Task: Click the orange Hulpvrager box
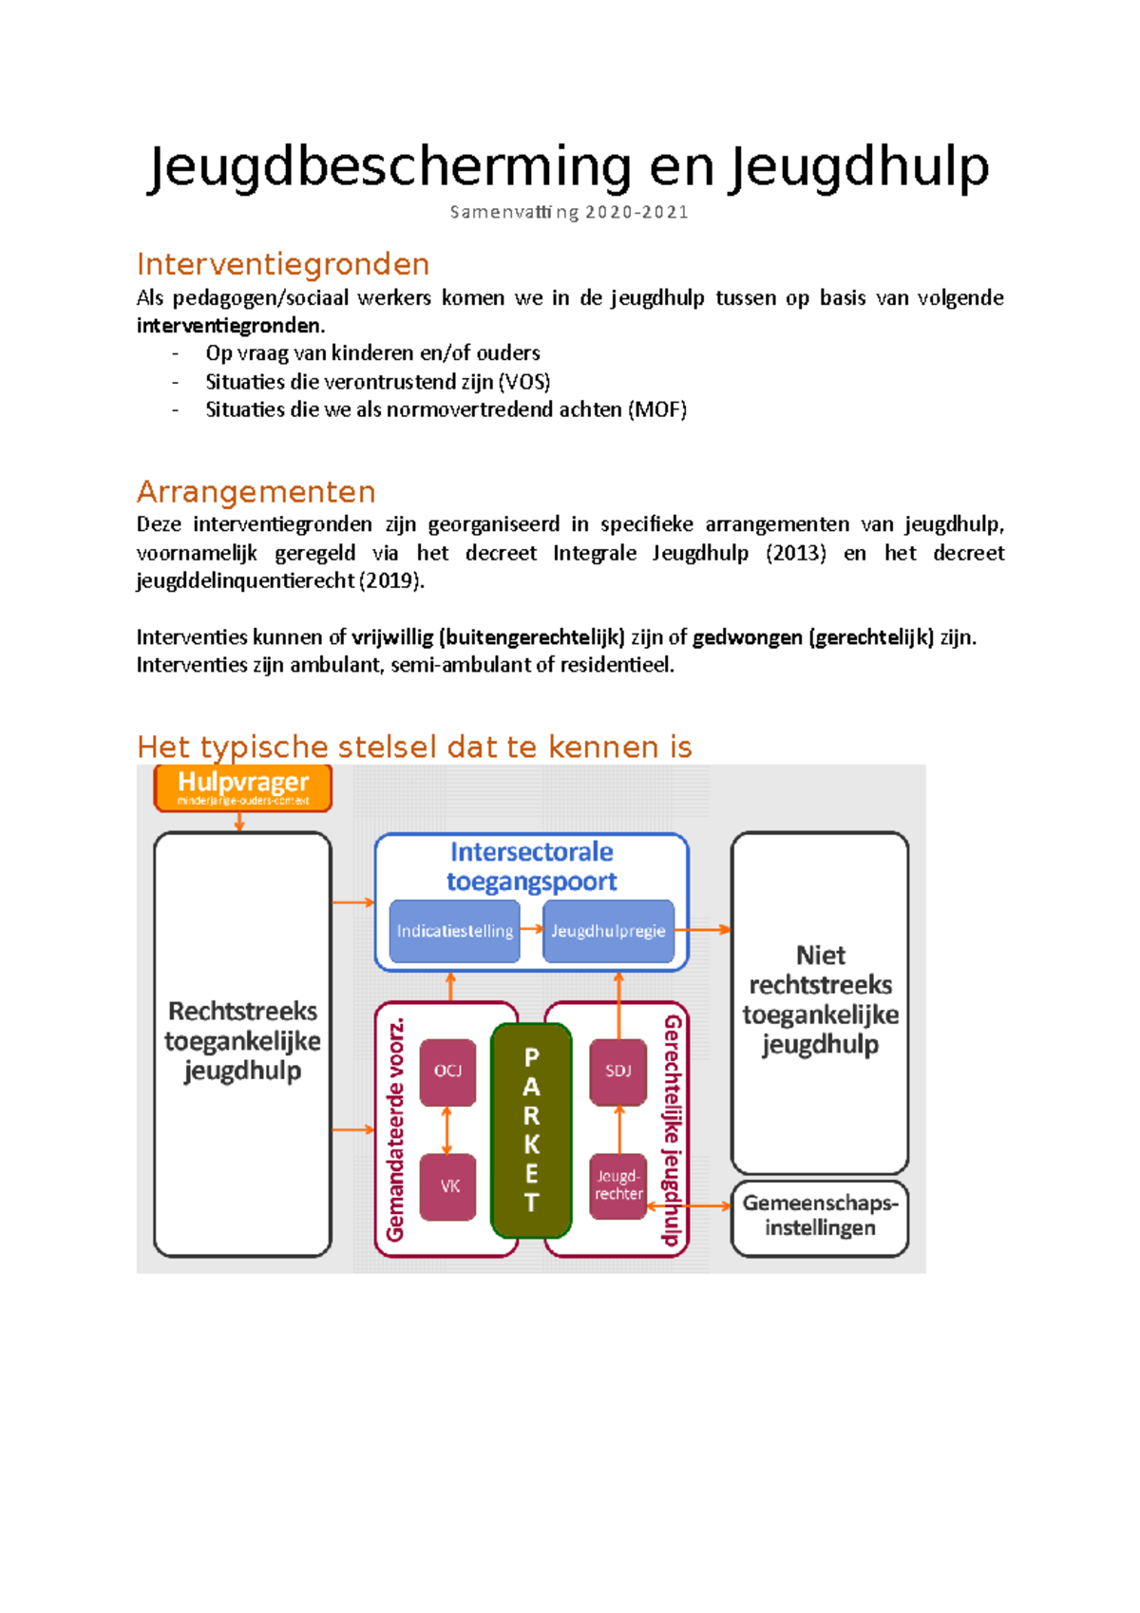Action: pyautogui.click(x=243, y=788)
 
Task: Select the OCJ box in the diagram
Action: pyautogui.click(x=447, y=1072)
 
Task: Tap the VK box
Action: pyautogui.click(x=448, y=1186)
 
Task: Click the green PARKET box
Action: pyautogui.click(x=531, y=1130)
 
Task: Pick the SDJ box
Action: pyautogui.click(x=617, y=1072)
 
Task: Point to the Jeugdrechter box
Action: pyautogui.click(x=618, y=1186)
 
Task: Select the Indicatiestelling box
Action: pyautogui.click(x=454, y=931)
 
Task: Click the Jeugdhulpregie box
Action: pyautogui.click(x=608, y=931)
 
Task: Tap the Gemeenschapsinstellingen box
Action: pyautogui.click(x=820, y=1216)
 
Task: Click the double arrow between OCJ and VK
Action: pyautogui.click(x=447, y=1129)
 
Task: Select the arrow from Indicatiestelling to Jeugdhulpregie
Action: pyautogui.click(x=531, y=929)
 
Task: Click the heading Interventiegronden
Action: pyautogui.click(x=283, y=264)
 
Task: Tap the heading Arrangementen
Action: pyautogui.click(x=256, y=492)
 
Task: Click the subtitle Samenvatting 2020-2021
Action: pyautogui.click(x=569, y=212)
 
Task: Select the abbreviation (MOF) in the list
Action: pyautogui.click(x=657, y=409)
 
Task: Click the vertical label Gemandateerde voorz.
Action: pyautogui.click(x=395, y=1129)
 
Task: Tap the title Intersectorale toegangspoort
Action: pyautogui.click(x=531, y=866)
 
